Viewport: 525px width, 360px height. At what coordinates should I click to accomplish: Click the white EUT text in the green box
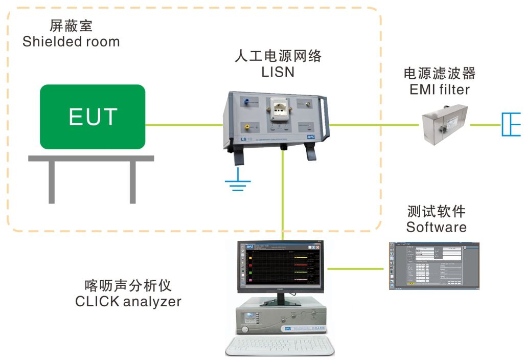pyautogui.click(x=93, y=117)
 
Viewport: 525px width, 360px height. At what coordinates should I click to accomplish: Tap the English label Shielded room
pyautogui.click(x=71, y=41)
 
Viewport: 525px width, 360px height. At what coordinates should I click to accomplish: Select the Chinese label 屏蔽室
pyautogui.click(x=71, y=26)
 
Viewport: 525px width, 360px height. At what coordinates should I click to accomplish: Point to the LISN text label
pyautogui.click(x=278, y=72)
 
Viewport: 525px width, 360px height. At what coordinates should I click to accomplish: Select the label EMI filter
pyautogui.click(x=440, y=90)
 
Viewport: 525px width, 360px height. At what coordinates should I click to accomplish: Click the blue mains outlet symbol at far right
pyautogui.click(x=510, y=124)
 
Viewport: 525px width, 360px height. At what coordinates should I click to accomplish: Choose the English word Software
pyautogui.click(x=436, y=227)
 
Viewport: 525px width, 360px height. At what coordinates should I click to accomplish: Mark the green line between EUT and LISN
pyautogui.click(x=184, y=124)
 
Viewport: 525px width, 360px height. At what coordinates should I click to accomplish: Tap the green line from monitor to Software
pyautogui.click(x=355, y=268)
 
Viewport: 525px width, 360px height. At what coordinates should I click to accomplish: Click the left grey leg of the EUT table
pyautogui.click(x=52, y=182)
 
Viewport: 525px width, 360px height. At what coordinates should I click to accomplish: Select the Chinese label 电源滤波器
pyautogui.click(x=440, y=74)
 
